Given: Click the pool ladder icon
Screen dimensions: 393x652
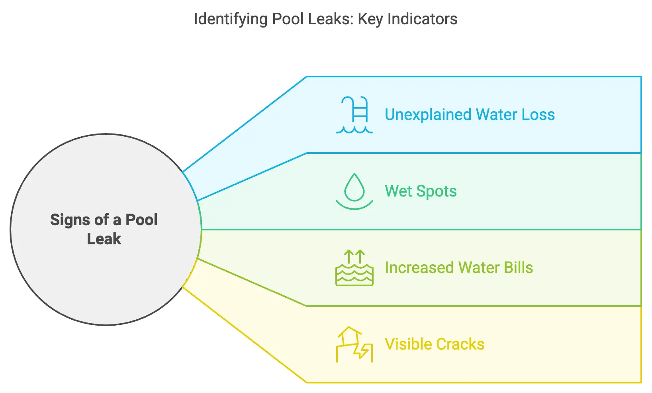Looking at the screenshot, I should tap(354, 115).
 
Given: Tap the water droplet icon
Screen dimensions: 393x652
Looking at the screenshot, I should tap(354, 191).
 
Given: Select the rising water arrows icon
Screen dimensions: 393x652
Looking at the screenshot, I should tap(354, 268).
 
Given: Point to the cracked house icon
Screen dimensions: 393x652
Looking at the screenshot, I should tap(354, 344).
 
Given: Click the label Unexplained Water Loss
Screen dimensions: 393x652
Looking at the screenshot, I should tap(470, 115).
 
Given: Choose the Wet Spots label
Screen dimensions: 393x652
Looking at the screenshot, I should tap(421, 191).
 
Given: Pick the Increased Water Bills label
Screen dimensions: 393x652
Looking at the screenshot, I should tap(459, 268).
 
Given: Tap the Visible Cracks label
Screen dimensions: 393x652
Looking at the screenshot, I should tap(435, 344).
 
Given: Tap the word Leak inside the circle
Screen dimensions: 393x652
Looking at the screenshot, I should tap(104, 239).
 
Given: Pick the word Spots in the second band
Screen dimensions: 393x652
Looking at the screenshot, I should tap(437, 191).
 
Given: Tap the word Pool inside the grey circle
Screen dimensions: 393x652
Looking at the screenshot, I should tap(141, 220).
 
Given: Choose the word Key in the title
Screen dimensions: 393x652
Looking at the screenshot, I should tap(370, 19).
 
